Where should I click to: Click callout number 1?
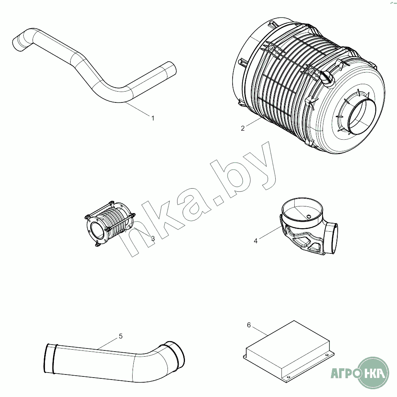153,118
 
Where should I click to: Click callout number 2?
243,128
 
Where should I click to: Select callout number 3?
153,239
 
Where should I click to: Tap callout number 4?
256,241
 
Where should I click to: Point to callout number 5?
121,336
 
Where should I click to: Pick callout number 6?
249,325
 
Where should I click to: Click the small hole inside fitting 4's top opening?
309,216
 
